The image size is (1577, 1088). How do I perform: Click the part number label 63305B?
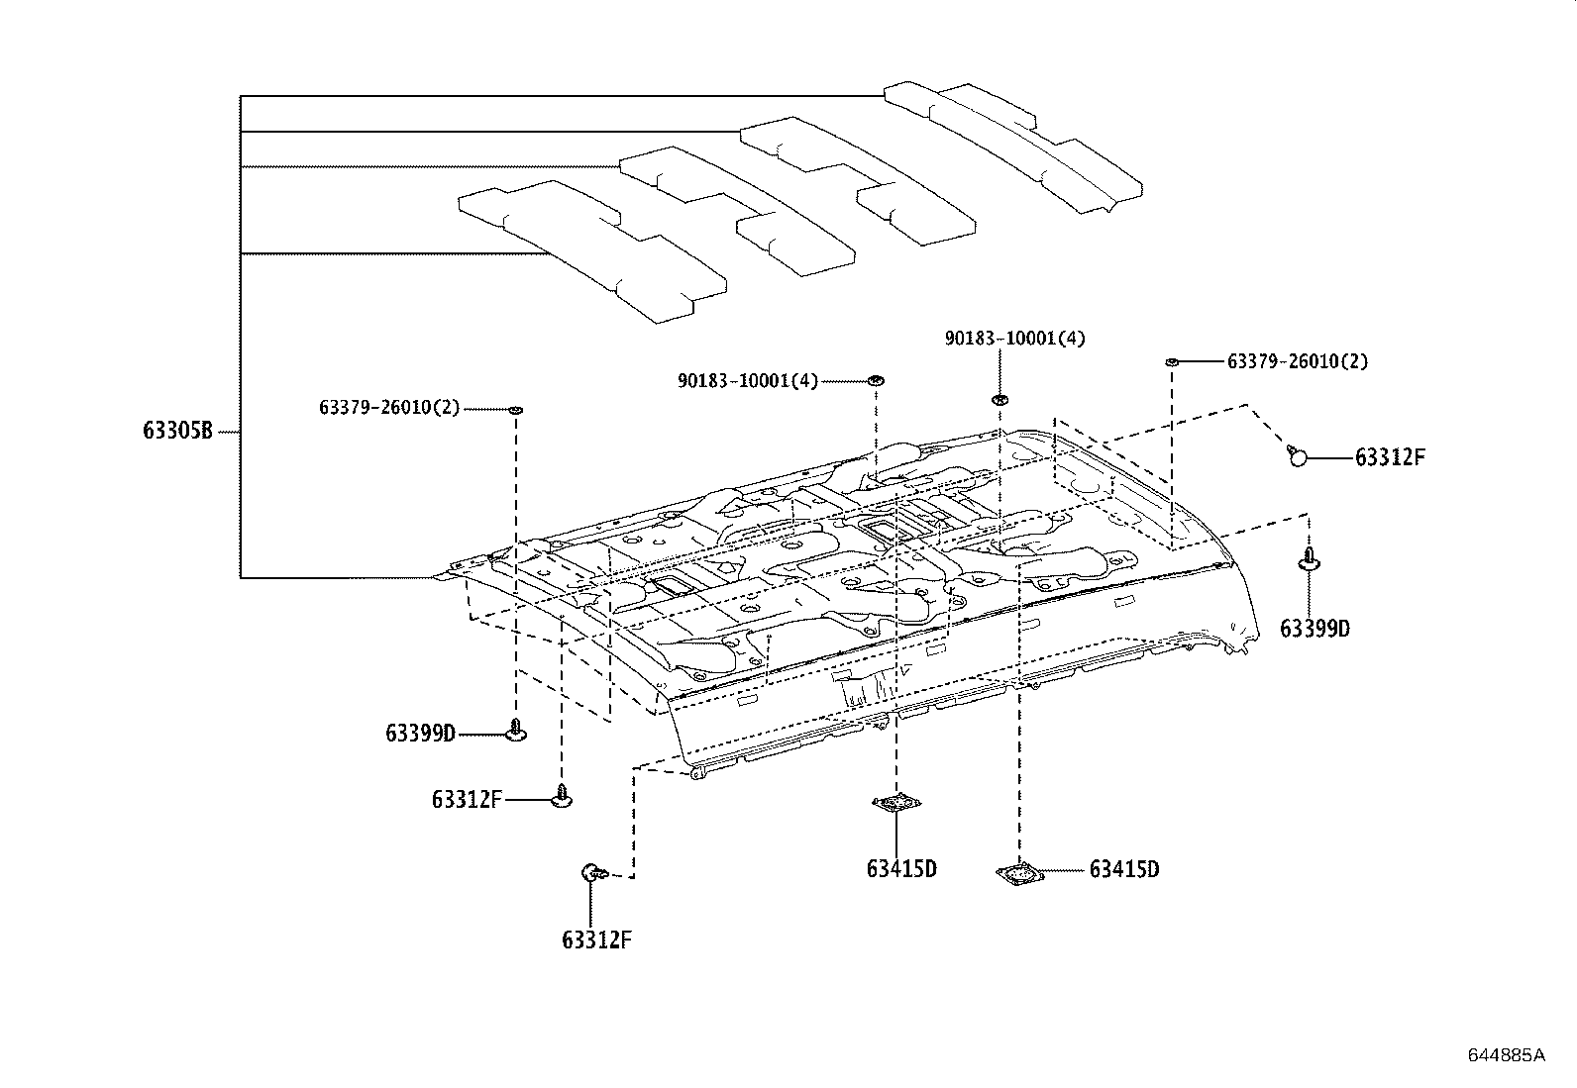click(x=177, y=432)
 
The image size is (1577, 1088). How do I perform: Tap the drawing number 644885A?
click(x=1506, y=1055)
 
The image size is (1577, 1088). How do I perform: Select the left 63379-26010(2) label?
click(x=389, y=408)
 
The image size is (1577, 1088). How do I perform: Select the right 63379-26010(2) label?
click(x=1297, y=362)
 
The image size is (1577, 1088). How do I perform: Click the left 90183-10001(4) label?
click(x=748, y=381)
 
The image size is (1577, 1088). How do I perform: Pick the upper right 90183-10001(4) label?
click(x=1014, y=339)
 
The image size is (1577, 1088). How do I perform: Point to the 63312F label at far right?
click(x=1390, y=457)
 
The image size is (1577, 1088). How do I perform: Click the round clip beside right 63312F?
click(x=1298, y=455)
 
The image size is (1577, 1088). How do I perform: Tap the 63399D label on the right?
click(x=1314, y=629)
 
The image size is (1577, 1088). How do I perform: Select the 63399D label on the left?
click(x=420, y=734)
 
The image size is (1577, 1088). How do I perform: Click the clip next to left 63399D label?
click(x=515, y=732)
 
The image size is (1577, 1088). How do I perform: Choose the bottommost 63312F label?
click(x=596, y=940)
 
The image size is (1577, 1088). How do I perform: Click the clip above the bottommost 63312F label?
click(x=590, y=873)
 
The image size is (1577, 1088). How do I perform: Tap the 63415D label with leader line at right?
click(x=1124, y=870)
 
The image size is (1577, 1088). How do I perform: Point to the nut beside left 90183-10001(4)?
click(x=876, y=380)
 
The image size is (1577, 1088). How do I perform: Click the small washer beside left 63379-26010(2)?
click(x=515, y=409)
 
